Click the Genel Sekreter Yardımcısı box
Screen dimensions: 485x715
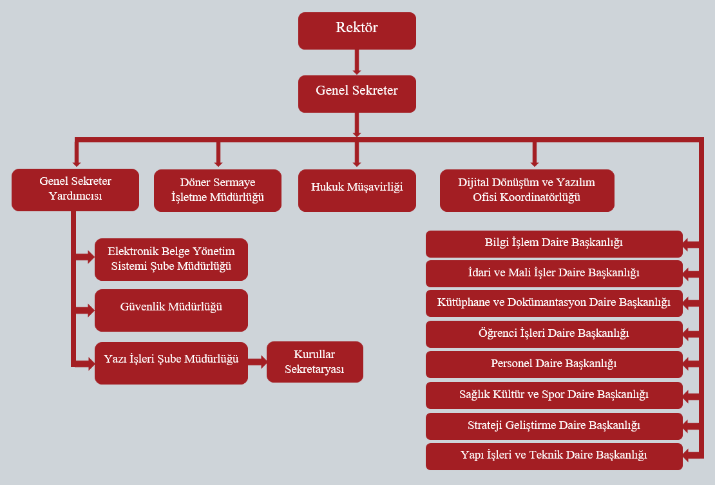pyautogui.click(x=75, y=189)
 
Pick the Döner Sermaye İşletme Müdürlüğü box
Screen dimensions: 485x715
pyautogui.click(x=218, y=191)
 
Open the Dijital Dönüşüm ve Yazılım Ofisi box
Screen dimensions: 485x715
pyautogui.click(x=527, y=191)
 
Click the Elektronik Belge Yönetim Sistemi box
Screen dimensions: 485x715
pyautogui.click(x=171, y=260)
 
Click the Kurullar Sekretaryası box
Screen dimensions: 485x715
pyautogui.click(x=315, y=362)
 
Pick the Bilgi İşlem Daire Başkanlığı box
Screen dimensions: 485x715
pyautogui.click(x=554, y=243)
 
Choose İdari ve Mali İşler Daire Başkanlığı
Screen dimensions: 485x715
pyautogui.click(x=554, y=273)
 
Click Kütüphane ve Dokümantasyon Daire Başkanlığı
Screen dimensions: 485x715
pyautogui.click(x=554, y=303)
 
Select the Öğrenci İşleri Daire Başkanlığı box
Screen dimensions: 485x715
pyautogui.click(x=554, y=334)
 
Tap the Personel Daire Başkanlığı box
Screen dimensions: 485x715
pyautogui.click(x=554, y=364)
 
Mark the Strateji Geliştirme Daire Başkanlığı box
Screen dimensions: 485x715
pyautogui.click(x=554, y=426)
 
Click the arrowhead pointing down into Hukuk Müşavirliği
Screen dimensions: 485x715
pyautogui.click(x=357, y=162)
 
